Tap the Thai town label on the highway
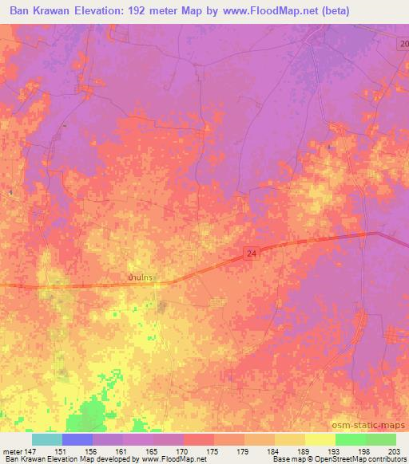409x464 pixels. pyautogui.click(x=141, y=277)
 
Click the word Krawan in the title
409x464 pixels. pyautogui.click(x=63, y=12)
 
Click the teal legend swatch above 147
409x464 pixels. pyautogui.click(x=46, y=439)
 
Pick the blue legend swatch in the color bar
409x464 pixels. pyautogui.click(x=77, y=439)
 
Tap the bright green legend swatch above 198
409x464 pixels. pyautogui.click(x=350, y=439)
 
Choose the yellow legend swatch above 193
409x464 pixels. pyautogui.click(x=320, y=439)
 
